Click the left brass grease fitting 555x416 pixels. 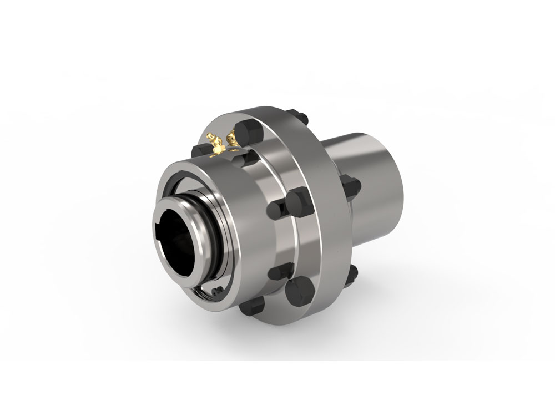tap(214, 143)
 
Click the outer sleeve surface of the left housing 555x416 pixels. tap(253, 222)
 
